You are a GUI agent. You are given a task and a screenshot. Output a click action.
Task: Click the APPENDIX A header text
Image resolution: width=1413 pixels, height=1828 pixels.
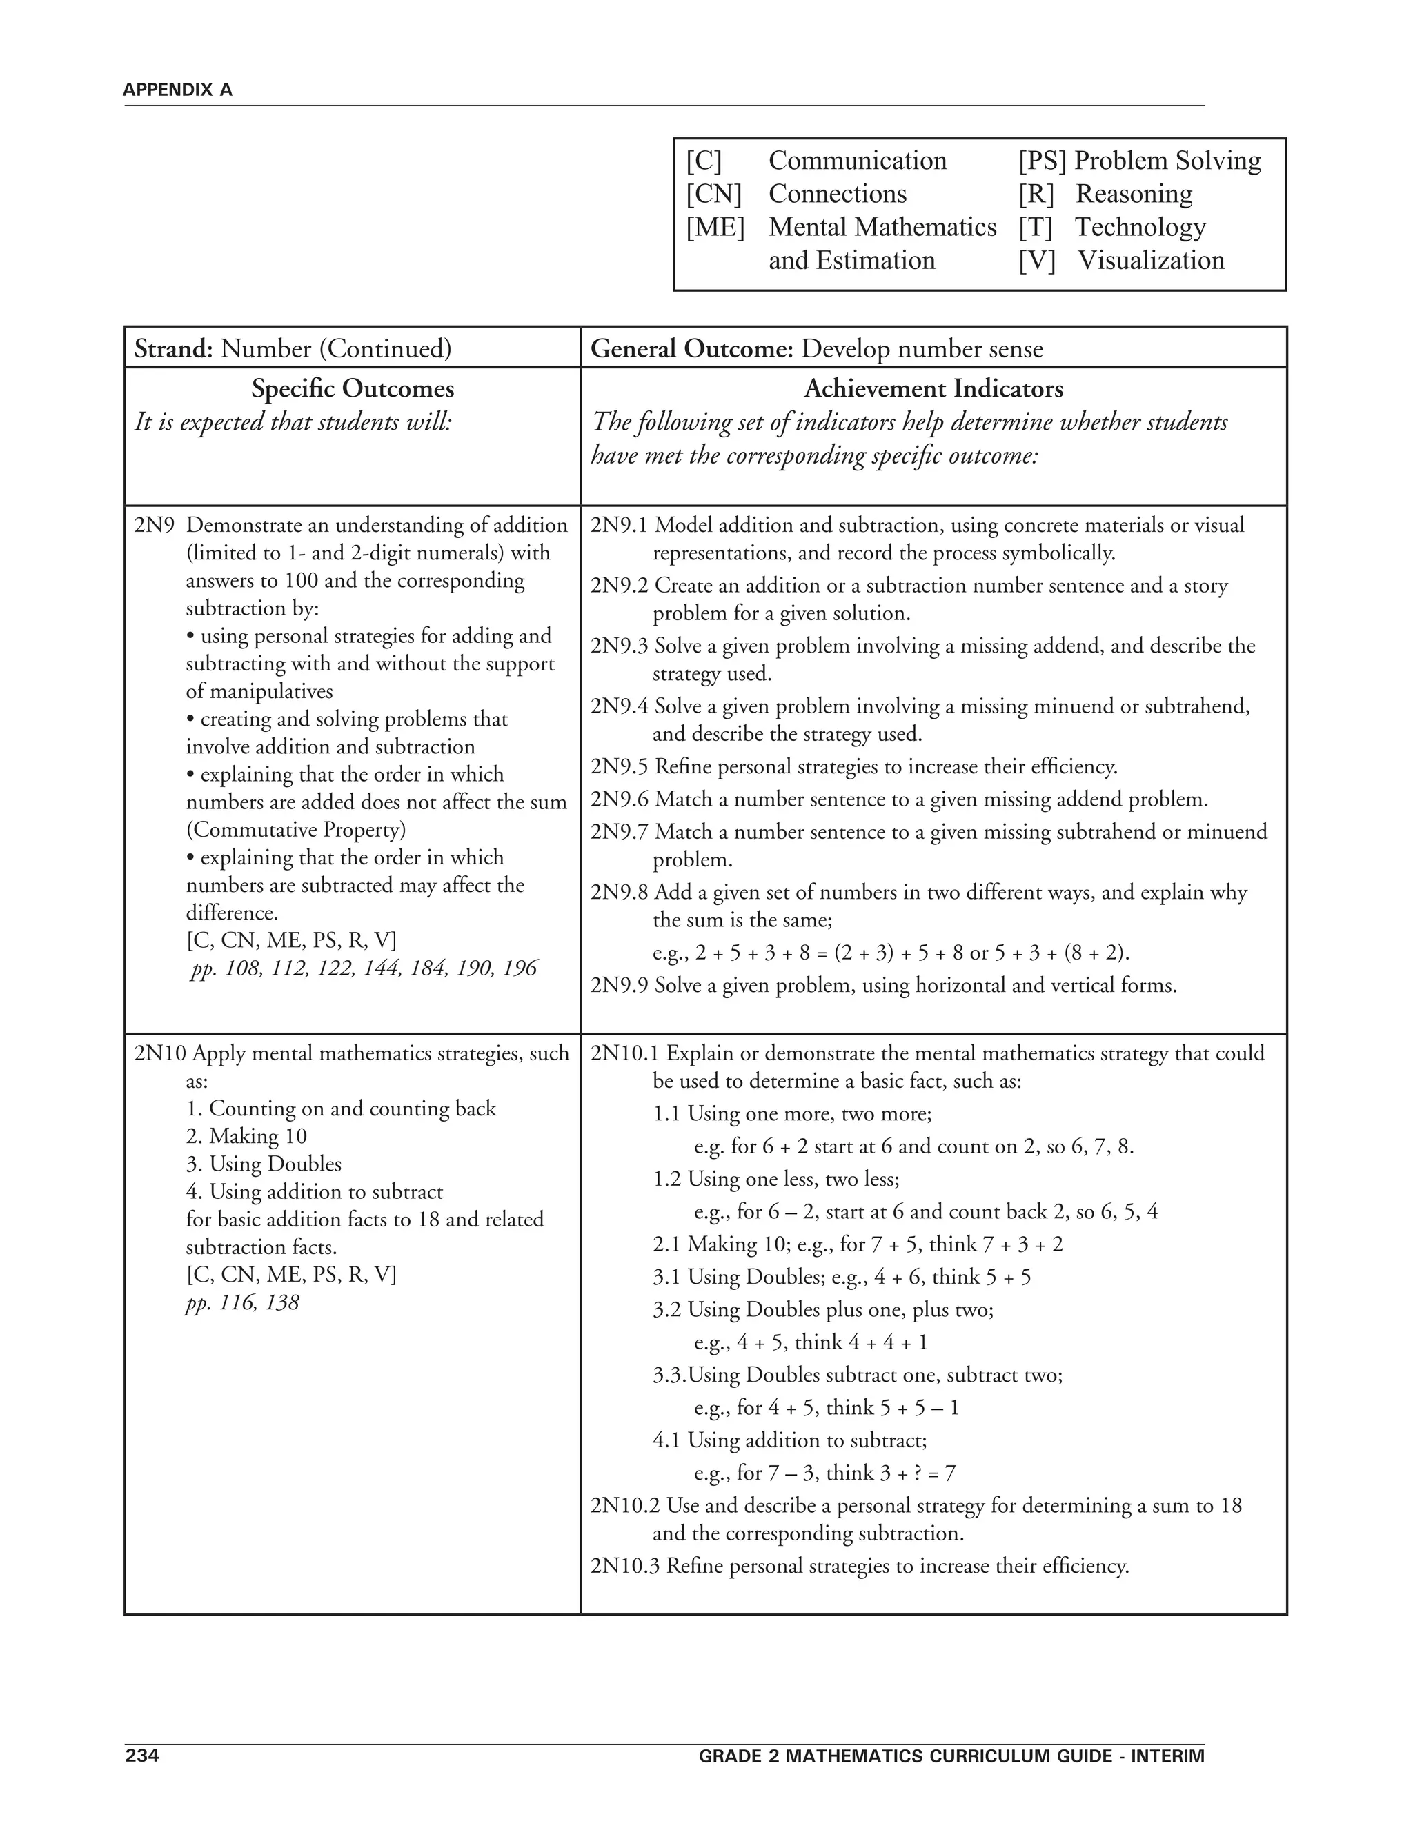(x=177, y=90)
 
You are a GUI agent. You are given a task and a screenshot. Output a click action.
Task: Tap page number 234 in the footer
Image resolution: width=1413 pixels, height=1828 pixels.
(x=141, y=1755)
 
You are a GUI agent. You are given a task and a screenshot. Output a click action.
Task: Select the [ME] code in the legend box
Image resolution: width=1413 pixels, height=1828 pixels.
(x=715, y=227)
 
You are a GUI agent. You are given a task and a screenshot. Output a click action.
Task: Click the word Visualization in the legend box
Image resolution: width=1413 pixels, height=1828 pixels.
(x=1150, y=260)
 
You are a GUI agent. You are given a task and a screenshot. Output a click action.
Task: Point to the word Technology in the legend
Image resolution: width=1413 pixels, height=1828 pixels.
(x=1140, y=227)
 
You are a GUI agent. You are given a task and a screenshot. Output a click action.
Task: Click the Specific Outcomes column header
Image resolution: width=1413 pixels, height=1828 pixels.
(x=353, y=389)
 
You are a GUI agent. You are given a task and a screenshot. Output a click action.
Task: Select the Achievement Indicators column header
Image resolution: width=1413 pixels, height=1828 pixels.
(x=933, y=389)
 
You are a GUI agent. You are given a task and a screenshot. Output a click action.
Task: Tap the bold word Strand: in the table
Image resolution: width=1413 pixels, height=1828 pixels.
(x=174, y=349)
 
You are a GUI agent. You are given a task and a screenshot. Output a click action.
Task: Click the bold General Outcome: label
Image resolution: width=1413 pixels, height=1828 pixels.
(x=691, y=349)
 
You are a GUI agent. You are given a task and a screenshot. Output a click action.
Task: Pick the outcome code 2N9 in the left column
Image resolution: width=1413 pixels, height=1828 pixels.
(x=155, y=526)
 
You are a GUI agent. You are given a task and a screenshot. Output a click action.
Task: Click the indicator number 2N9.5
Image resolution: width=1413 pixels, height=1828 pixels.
(x=620, y=766)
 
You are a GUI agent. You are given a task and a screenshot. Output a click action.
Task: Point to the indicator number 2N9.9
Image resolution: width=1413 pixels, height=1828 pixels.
(x=620, y=985)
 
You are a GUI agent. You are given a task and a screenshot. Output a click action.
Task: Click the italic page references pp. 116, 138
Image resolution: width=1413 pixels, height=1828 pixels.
(x=242, y=1302)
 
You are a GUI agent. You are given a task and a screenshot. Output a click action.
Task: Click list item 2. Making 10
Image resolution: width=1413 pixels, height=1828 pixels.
(x=246, y=1136)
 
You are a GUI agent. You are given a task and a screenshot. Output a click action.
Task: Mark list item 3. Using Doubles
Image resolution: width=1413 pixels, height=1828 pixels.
(x=263, y=1164)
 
